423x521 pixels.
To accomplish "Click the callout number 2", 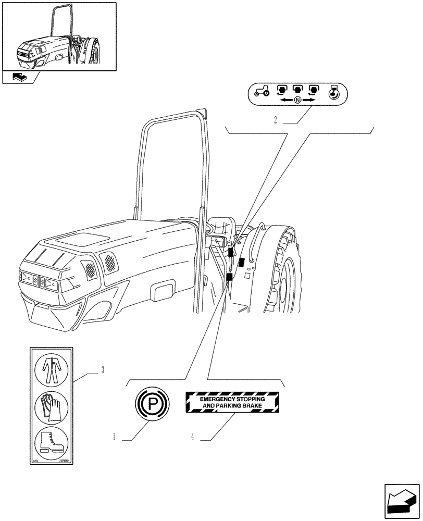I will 275,120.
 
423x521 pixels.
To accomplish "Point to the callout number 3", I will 103,370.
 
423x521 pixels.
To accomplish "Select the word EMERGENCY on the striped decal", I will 213,399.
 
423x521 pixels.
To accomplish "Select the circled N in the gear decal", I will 297,100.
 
